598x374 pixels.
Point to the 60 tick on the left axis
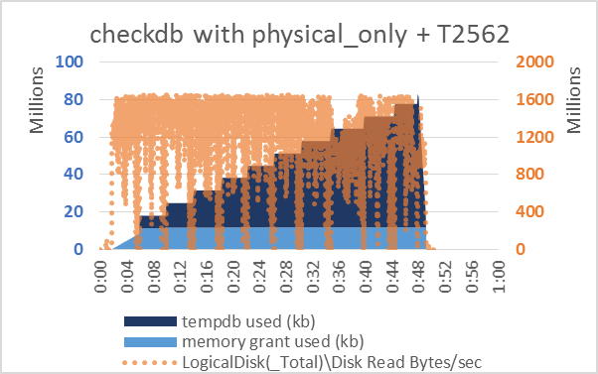pyautogui.click(x=75, y=137)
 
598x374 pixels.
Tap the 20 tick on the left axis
pyautogui.click(x=75, y=212)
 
